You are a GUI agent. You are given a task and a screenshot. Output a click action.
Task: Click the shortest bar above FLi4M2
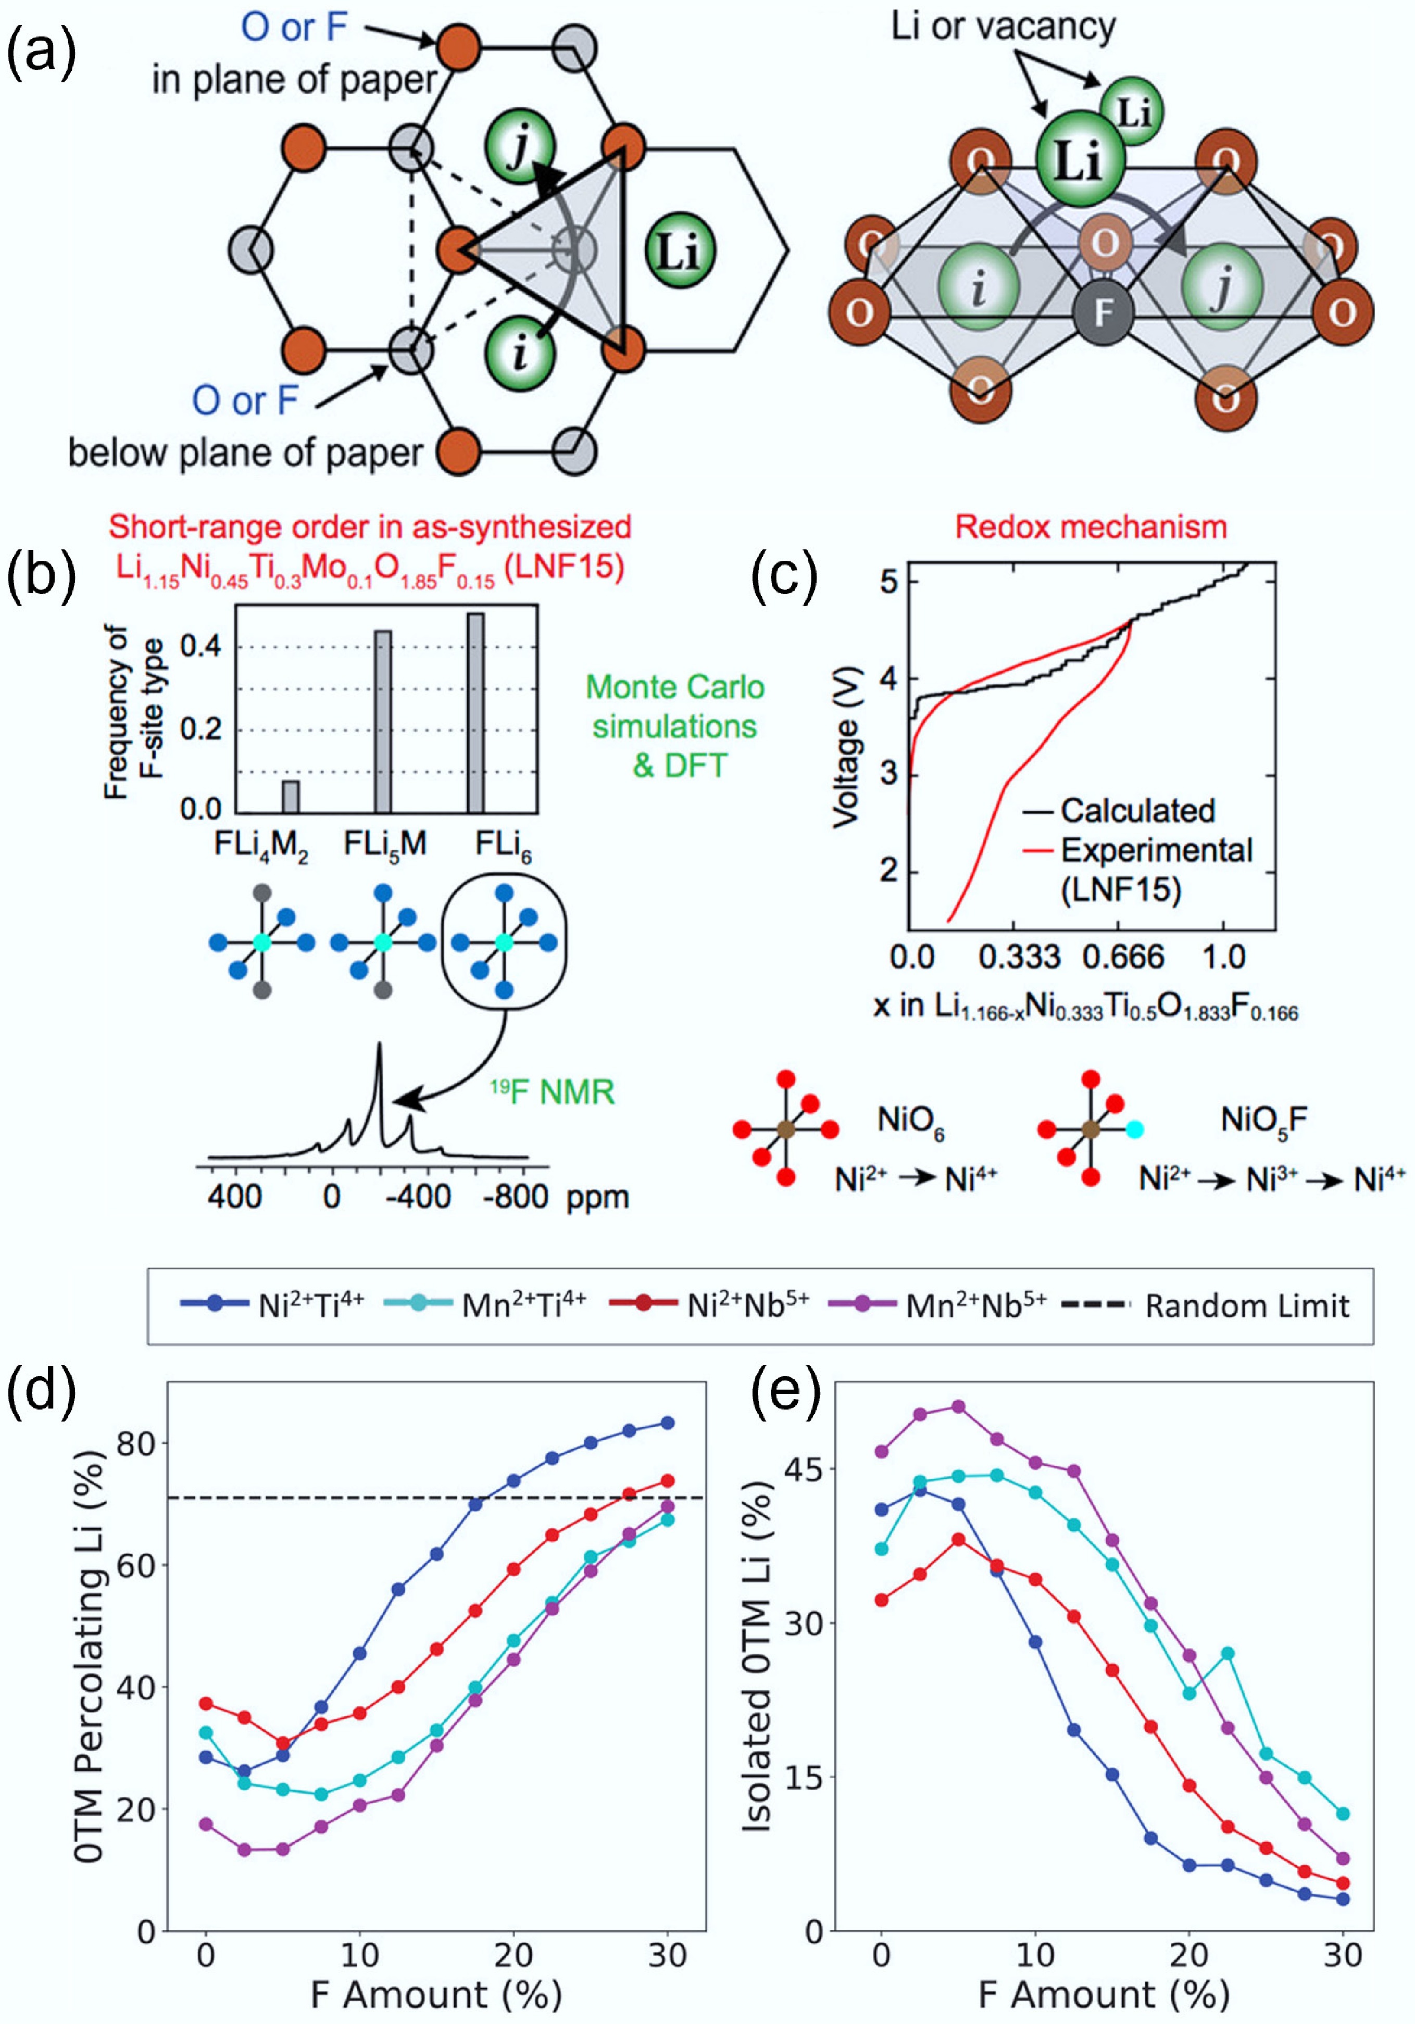(290, 796)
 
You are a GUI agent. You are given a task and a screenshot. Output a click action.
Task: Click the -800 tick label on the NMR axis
(516, 1197)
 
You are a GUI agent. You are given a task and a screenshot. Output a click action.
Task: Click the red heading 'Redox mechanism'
(1091, 527)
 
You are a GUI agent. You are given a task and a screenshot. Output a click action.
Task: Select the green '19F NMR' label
(552, 1092)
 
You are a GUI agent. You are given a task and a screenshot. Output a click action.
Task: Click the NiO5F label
(1263, 1121)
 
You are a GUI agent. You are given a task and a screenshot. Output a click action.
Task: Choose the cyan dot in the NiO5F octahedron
(1135, 1128)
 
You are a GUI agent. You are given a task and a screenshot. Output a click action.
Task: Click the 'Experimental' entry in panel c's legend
(1155, 850)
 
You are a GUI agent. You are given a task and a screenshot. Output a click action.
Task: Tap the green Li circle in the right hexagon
(679, 250)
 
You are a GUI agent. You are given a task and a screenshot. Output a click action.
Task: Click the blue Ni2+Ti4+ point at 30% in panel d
(667, 1423)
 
